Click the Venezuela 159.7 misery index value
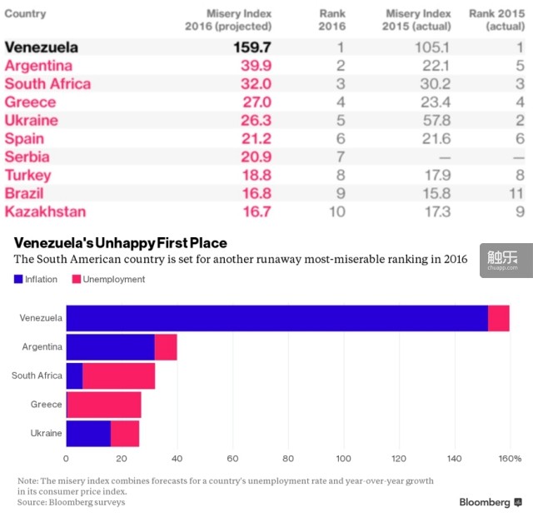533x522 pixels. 252,47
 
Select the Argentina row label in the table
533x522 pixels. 38,66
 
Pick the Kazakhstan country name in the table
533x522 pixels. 45,211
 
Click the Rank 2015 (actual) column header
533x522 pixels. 496,20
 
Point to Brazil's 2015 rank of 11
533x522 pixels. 517,193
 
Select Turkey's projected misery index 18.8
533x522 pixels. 256,175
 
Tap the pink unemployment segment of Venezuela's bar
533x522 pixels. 498,318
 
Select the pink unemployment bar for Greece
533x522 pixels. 104,405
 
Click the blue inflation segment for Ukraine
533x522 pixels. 88,434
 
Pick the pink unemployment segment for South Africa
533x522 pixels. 119,375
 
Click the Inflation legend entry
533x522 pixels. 36,280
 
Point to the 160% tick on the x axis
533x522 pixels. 509,459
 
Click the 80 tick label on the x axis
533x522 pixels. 288,459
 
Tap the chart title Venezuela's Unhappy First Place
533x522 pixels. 120,243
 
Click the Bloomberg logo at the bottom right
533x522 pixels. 491,502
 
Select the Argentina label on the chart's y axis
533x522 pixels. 42,346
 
